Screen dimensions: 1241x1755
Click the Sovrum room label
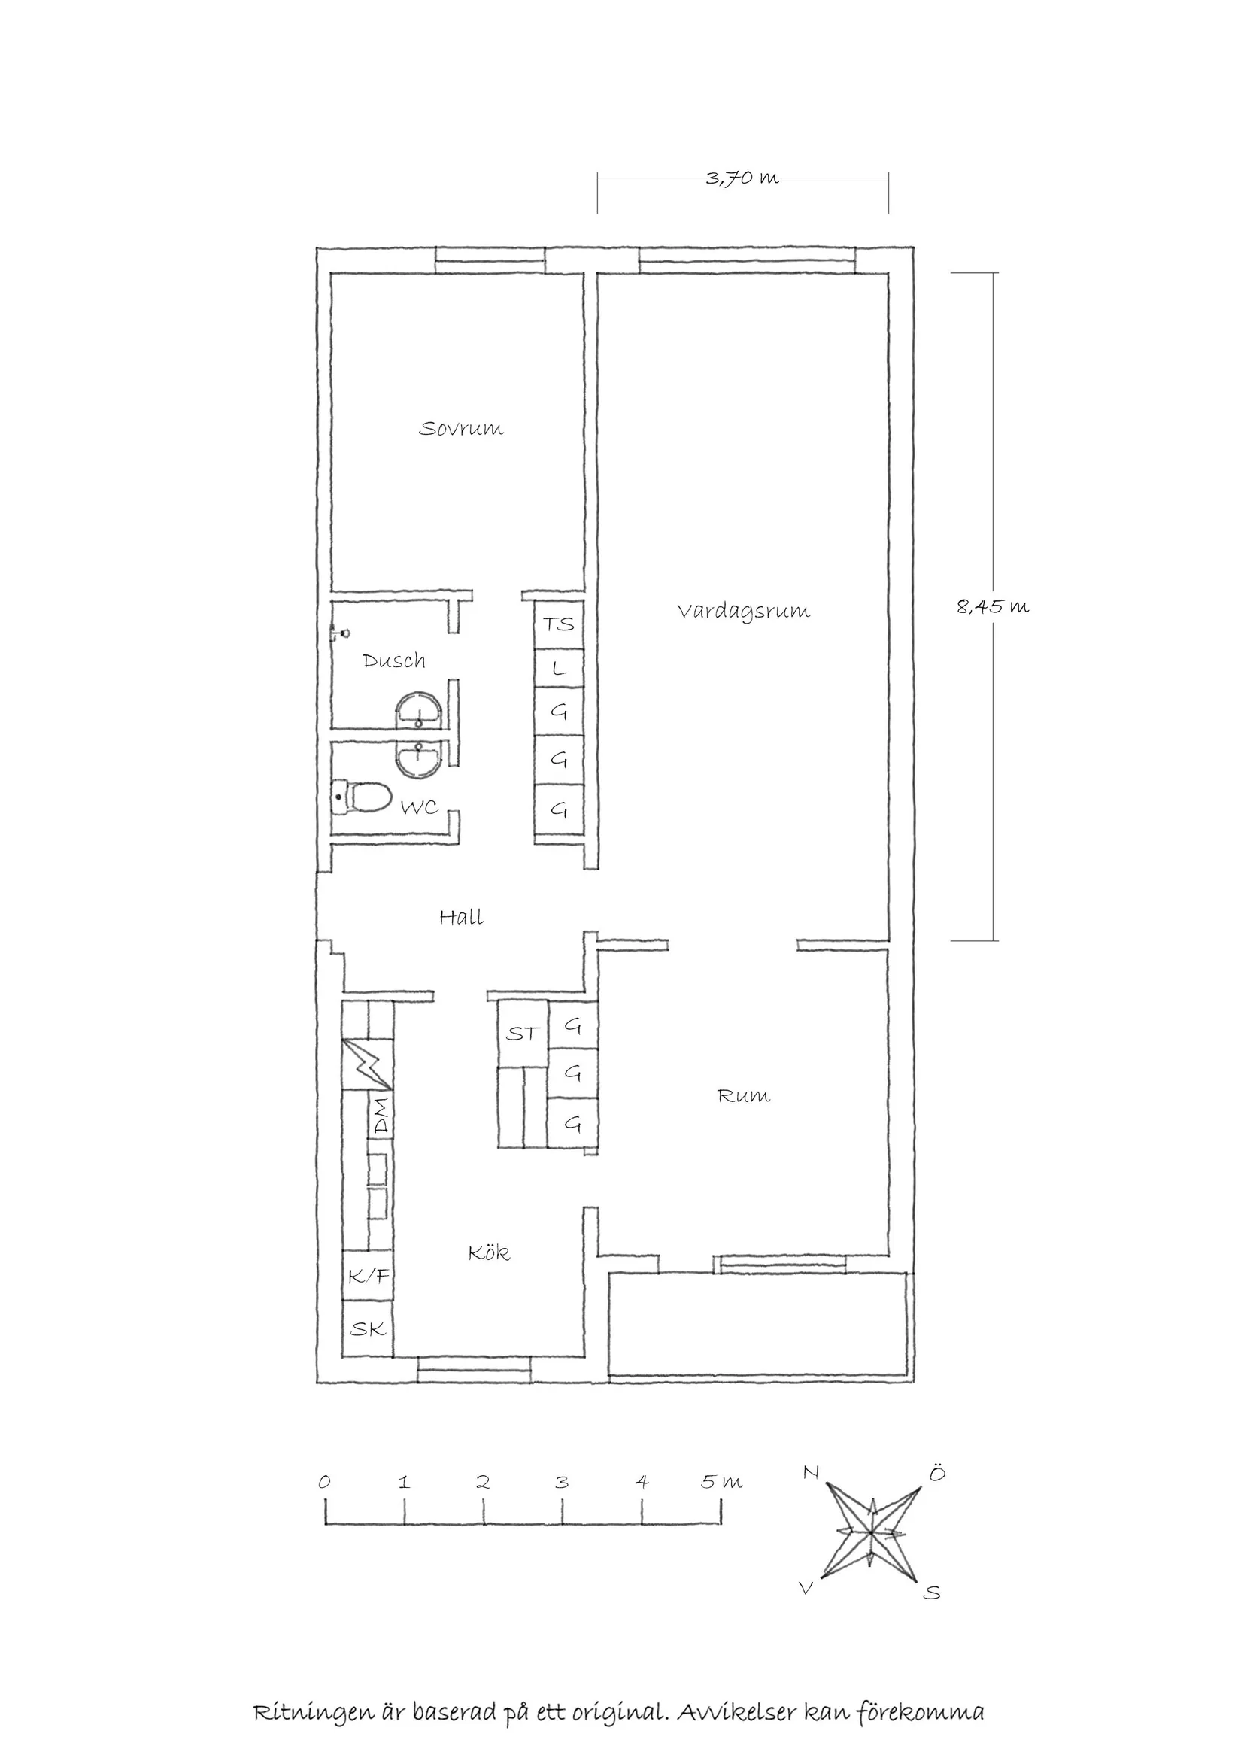[x=461, y=428]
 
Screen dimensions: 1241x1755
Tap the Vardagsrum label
[x=744, y=612]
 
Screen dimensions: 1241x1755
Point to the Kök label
[x=489, y=1252]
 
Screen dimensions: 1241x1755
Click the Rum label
[x=744, y=1095]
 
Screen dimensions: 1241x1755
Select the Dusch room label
[x=393, y=660]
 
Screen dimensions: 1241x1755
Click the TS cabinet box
[x=559, y=624]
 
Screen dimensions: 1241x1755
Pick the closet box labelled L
[x=559, y=669]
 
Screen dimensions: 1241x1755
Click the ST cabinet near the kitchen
[x=523, y=1034]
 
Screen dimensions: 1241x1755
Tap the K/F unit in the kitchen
[x=369, y=1276]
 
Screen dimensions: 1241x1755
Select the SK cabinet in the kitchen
[x=369, y=1329]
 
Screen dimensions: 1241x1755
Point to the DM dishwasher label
[x=380, y=1116]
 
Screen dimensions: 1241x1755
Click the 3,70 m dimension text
[x=742, y=178]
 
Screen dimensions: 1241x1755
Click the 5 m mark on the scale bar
[x=721, y=1482]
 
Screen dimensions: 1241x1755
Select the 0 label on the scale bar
[x=325, y=1482]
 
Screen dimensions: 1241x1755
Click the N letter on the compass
[x=811, y=1471]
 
